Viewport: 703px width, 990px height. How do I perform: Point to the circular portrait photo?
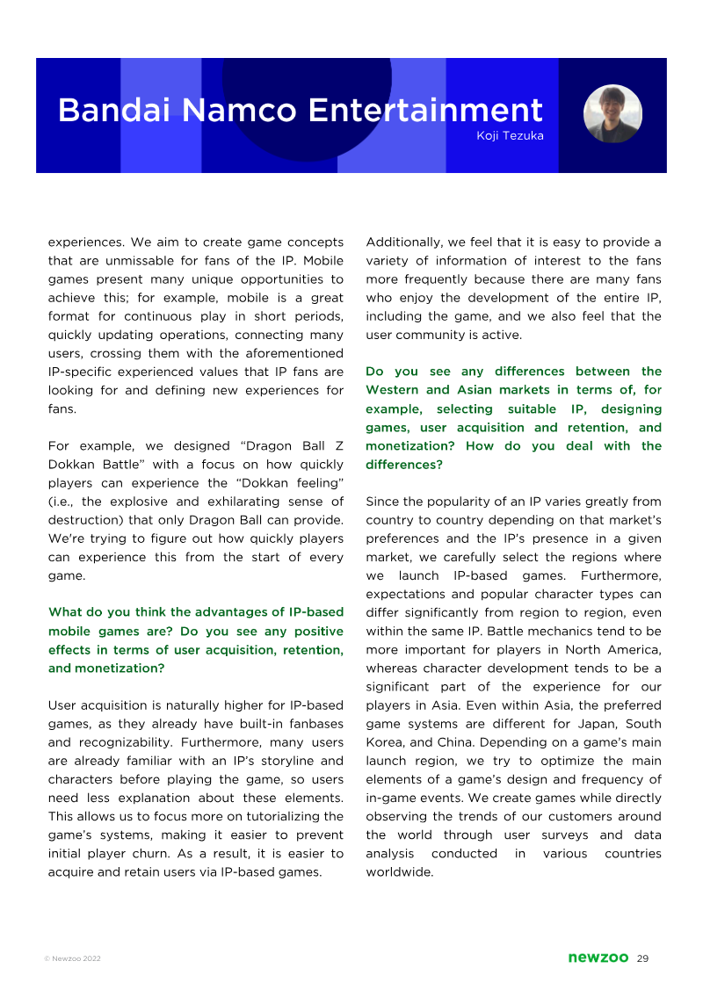click(612, 114)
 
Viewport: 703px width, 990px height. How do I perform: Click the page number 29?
click(642, 957)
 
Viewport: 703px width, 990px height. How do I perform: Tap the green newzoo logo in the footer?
click(598, 957)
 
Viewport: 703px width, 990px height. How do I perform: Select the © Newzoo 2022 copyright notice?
click(72, 958)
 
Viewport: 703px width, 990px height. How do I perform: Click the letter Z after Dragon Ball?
click(338, 446)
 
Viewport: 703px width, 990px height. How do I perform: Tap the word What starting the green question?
click(66, 612)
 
